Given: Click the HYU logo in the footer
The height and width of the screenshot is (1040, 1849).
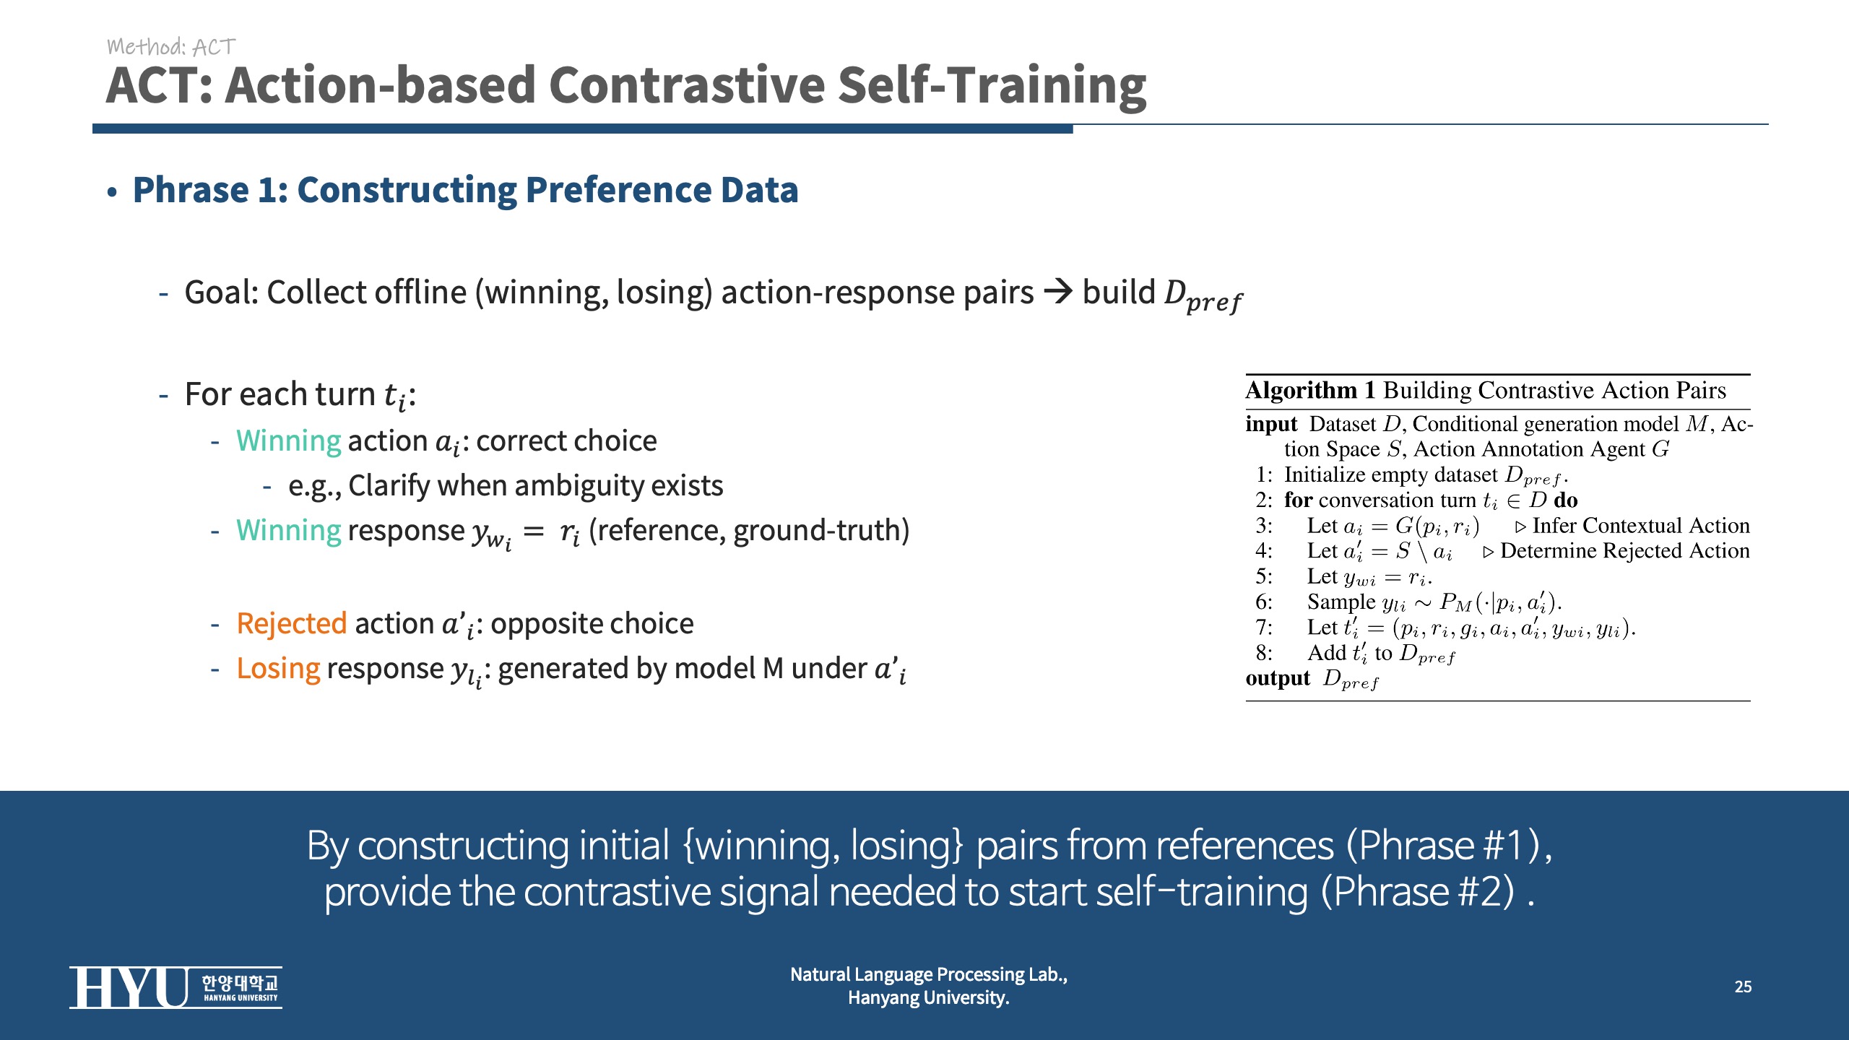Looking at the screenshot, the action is coord(176,987).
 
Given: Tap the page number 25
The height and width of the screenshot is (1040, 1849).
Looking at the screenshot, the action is coord(1743,987).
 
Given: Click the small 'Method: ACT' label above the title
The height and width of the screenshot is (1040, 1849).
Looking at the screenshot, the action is coord(171,47).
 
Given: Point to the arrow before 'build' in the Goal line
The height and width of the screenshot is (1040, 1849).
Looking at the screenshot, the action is coord(1059,292).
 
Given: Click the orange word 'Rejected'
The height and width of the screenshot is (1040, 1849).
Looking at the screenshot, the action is coord(292,623).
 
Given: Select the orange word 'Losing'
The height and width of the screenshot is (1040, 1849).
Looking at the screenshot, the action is coord(278,669).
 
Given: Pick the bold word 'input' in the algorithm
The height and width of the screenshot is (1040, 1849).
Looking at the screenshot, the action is coord(1271,424).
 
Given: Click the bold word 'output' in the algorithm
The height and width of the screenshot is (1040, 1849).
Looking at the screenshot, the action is coord(1278,678).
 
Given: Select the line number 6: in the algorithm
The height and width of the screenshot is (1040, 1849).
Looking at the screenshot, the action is coord(1264,602).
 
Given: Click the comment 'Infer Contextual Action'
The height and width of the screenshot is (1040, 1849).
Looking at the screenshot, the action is coord(1641,526).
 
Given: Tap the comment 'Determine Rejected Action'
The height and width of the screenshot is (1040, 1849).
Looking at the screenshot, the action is coord(1625,551).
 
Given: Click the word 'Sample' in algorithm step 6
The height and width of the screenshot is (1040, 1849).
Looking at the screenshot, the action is coord(1341,602).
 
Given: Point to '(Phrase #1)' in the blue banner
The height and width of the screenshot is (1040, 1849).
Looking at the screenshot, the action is coord(1445,845).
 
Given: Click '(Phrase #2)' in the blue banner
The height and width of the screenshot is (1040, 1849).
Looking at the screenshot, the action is coord(1418,892).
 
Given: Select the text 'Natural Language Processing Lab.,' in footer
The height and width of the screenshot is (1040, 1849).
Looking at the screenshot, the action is coord(929,975).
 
